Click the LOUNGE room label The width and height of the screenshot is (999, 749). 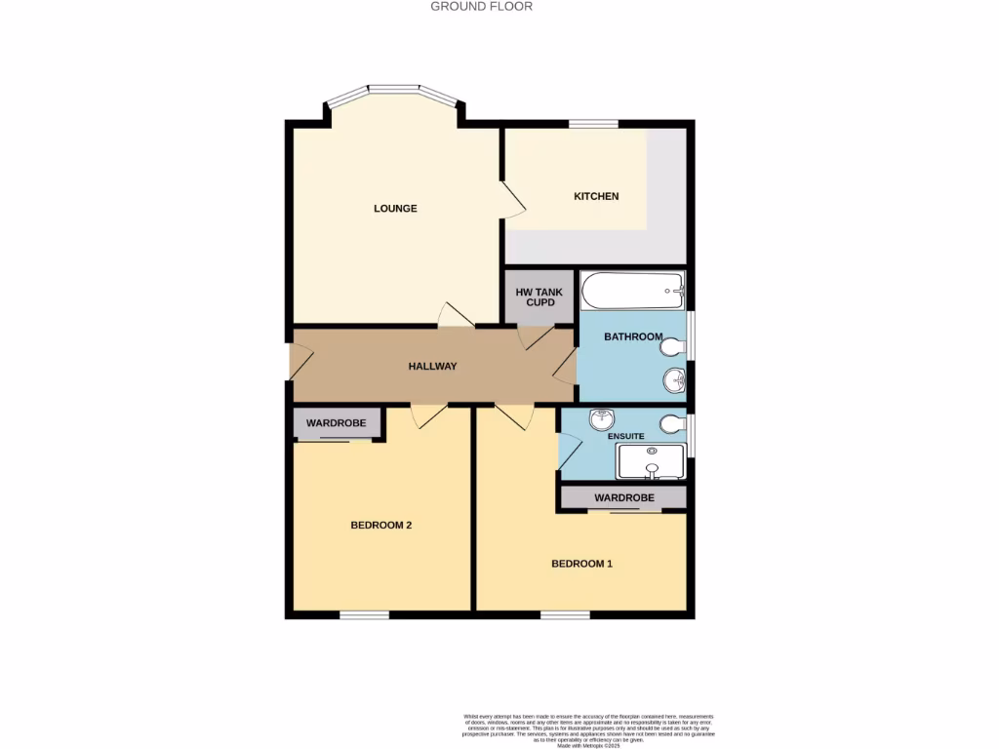pos(395,208)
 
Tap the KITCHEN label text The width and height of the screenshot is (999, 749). pos(595,196)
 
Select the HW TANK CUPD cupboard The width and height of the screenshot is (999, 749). pos(539,296)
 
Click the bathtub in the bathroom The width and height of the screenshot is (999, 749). pos(632,288)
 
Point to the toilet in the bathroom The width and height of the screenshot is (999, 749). pos(673,343)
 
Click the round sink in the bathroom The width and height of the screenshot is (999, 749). pos(672,379)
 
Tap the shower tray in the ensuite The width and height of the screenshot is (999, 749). pos(651,461)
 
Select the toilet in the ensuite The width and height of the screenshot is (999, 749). pos(673,423)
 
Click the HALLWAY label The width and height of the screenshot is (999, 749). pos(432,367)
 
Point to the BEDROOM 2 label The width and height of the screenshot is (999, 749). pos(381,525)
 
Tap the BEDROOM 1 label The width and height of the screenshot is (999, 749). pos(581,564)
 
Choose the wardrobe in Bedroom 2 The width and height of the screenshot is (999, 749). pos(337,423)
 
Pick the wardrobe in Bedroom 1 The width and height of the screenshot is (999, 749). pos(622,497)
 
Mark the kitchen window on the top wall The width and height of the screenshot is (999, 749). pos(593,124)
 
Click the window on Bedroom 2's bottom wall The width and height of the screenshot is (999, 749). pos(364,614)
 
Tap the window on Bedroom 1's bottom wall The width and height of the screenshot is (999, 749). pos(566,614)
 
